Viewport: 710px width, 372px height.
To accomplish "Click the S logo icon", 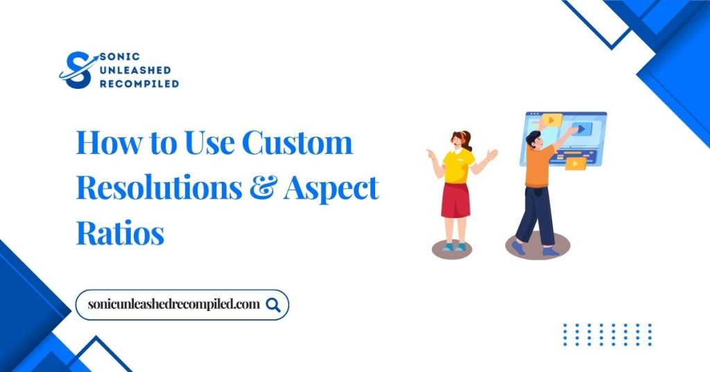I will point(77,70).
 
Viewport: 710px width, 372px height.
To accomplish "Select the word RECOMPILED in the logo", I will point(139,83).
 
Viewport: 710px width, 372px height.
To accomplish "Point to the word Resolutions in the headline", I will point(166,188).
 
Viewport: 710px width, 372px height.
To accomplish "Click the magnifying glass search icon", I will point(273,305).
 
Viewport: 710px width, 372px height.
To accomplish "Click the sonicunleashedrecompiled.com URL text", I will point(174,305).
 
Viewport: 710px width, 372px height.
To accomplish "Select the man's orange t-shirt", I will point(539,165).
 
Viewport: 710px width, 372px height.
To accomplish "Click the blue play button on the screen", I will point(582,128).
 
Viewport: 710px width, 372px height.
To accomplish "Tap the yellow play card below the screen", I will point(575,164).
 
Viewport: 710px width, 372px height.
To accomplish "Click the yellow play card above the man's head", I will point(551,119).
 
